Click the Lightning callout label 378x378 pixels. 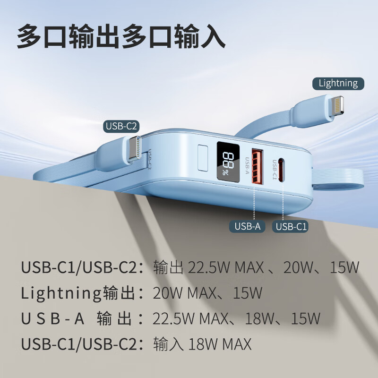(x=338, y=84)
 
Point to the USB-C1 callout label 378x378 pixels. (x=291, y=227)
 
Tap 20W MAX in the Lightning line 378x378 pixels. (x=181, y=293)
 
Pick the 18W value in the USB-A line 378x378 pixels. (x=258, y=318)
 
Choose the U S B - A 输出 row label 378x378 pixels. (x=76, y=318)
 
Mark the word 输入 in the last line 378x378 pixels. (x=168, y=344)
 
